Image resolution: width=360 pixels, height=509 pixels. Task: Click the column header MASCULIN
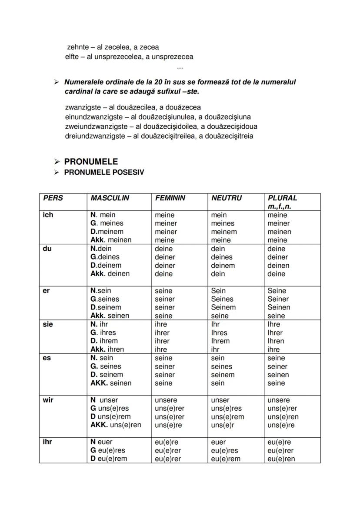click(110, 198)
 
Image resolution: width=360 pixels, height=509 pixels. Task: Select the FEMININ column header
click(170, 198)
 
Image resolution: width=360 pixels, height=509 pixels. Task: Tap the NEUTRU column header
click(226, 198)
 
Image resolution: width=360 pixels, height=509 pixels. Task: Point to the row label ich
click(48, 215)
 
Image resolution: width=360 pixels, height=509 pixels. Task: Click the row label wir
click(48, 400)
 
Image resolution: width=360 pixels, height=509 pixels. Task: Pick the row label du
click(47, 249)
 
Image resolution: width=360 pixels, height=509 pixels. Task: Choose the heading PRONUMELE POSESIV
click(104, 172)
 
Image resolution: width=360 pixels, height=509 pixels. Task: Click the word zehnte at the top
click(78, 47)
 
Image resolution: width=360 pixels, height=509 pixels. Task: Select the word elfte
click(71, 57)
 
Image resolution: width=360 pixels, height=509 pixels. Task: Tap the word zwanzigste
click(83, 107)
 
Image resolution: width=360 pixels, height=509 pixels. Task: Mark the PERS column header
click(53, 198)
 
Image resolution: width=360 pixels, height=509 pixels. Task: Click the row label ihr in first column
click(47, 442)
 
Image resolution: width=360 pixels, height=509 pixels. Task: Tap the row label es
click(47, 358)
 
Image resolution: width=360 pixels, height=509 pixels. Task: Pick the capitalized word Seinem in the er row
click(223, 307)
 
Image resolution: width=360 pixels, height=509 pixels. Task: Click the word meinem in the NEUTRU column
click(224, 232)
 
